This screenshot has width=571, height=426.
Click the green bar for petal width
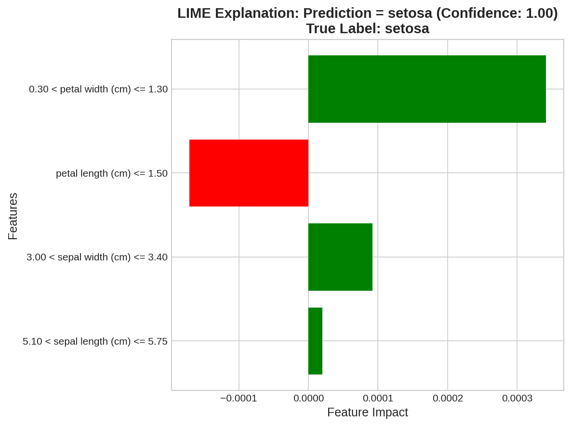click(x=427, y=89)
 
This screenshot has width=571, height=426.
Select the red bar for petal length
click(x=249, y=173)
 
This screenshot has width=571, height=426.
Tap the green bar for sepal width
click(x=340, y=257)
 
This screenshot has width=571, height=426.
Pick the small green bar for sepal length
click(x=315, y=341)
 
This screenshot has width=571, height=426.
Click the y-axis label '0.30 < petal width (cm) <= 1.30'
click(x=98, y=89)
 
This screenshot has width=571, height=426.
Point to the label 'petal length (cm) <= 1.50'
click(x=112, y=173)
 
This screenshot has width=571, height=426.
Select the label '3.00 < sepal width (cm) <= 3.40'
click(x=97, y=257)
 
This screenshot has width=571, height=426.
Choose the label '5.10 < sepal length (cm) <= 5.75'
click(x=95, y=341)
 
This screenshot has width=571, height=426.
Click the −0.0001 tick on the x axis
click(x=239, y=398)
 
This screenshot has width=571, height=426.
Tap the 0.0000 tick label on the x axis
click(x=308, y=398)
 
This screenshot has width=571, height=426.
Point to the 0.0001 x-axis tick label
click(x=378, y=398)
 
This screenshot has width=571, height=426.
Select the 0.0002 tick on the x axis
click(x=448, y=398)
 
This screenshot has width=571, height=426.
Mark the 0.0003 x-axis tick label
click(x=517, y=398)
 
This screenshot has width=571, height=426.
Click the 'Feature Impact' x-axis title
click(x=368, y=413)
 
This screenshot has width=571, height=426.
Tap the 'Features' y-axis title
click(x=13, y=216)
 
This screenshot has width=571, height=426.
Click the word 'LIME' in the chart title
click(x=194, y=13)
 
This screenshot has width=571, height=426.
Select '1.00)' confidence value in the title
click(x=542, y=13)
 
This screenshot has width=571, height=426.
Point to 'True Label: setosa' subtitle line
click(x=368, y=28)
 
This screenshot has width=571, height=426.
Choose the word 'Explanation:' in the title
click(x=257, y=13)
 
